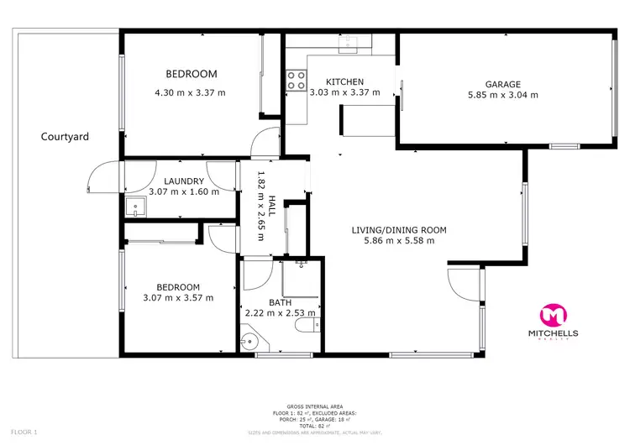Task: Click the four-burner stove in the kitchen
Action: pyautogui.click(x=297, y=80)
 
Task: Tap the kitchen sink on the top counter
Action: pyautogui.click(x=353, y=44)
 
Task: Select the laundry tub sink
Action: pyautogui.click(x=134, y=207)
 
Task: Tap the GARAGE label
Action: pyautogui.click(x=502, y=84)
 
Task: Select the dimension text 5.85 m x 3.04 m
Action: pyautogui.click(x=502, y=95)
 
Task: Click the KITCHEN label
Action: pyautogui.click(x=345, y=81)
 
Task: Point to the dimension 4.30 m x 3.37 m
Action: pyautogui.click(x=190, y=92)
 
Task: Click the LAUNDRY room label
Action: pyautogui.click(x=184, y=181)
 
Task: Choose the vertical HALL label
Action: pyautogui.click(x=272, y=205)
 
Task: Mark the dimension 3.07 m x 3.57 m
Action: pyautogui.click(x=177, y=296)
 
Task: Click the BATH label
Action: pyautogui.click(x=280, y=302)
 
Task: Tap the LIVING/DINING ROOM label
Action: pyautogui.click(x=394, y=229)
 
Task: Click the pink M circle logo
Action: pyautogui.click(x=552, y=315)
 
